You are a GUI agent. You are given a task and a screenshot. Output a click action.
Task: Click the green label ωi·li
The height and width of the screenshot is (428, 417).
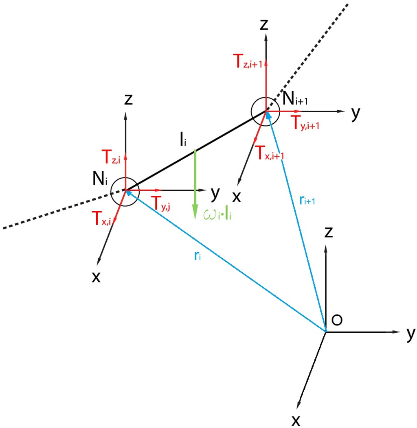pos(217,214)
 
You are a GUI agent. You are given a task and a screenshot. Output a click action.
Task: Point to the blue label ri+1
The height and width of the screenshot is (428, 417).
pos(307,201)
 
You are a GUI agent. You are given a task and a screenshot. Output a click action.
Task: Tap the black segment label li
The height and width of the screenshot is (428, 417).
pos(182,141)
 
